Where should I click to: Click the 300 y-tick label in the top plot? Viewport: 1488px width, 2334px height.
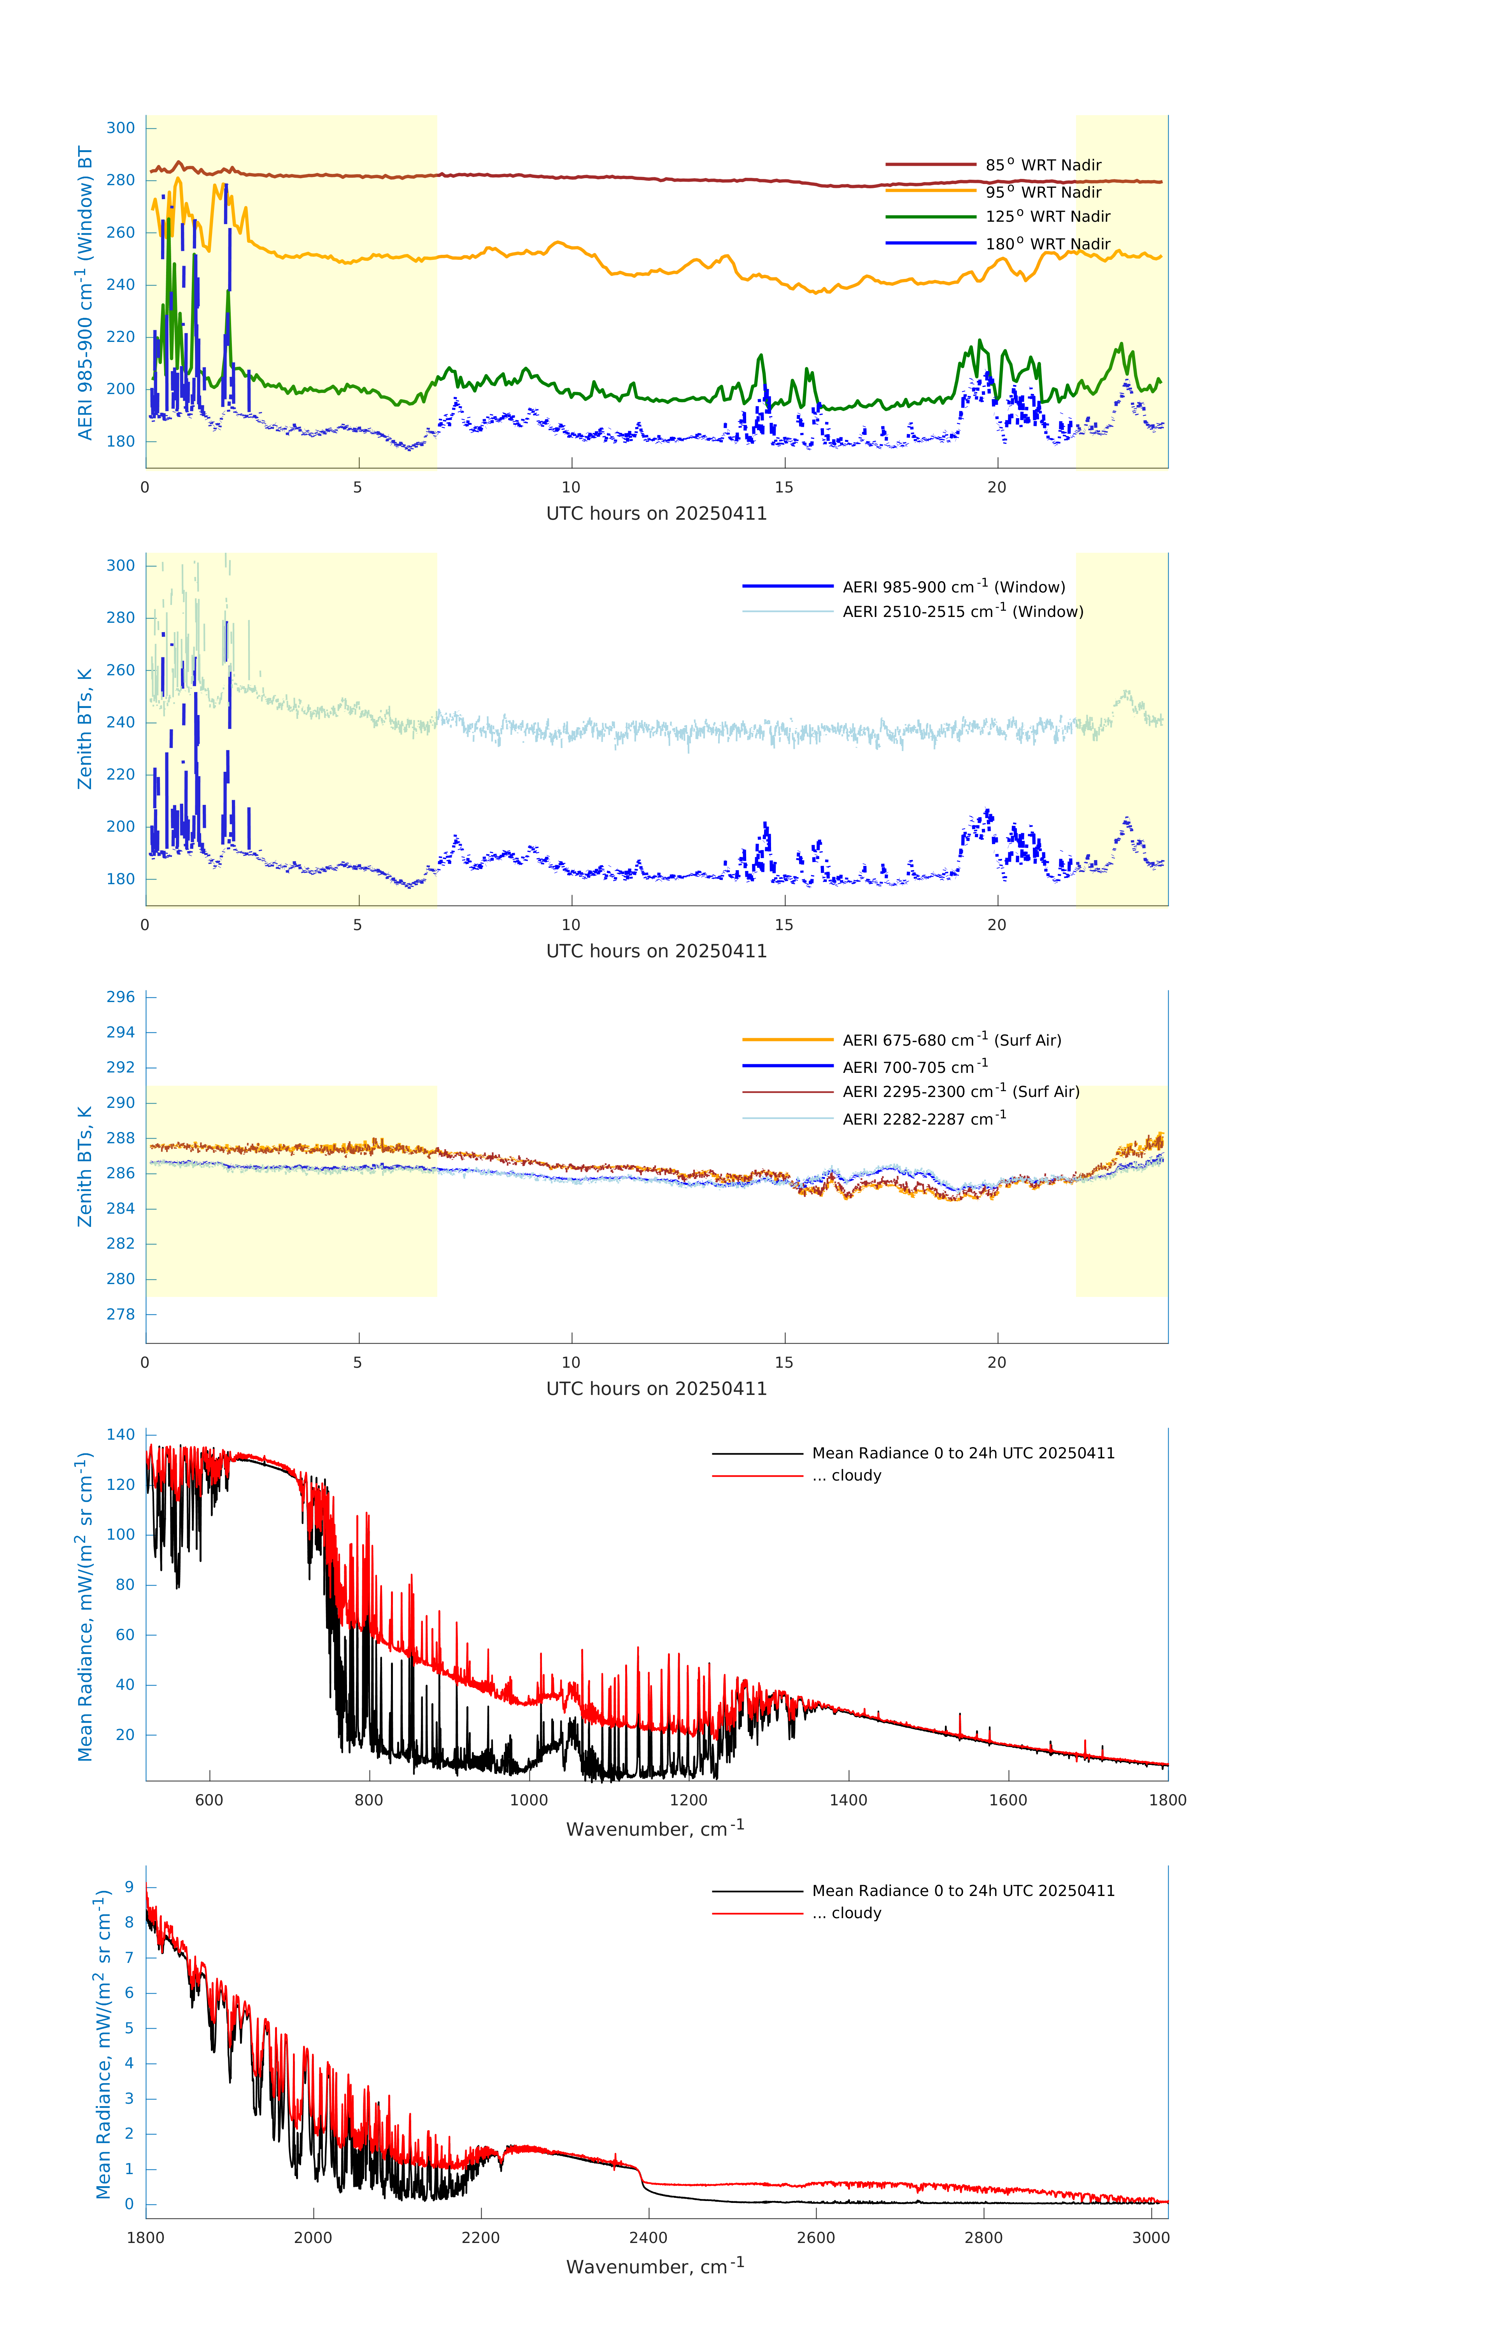pyautogui.click(x=121, y=128)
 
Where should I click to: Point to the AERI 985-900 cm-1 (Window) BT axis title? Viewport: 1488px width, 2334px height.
pyautogui.click(x=85, y=293)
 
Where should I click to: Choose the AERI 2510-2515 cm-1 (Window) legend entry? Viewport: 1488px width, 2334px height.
pyautogui.click(x=962, y=612)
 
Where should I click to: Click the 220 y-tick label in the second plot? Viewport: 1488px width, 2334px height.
pyautogui.click(x=121, y=774)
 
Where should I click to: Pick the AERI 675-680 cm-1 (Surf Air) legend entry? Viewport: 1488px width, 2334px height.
pyautogui.click(x=951, y=1040)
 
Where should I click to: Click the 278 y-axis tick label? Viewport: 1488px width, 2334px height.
pyautogui.click(x=121, y=1314)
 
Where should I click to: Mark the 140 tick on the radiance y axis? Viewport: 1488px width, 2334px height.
pyautogui.click(x=121, y=1435)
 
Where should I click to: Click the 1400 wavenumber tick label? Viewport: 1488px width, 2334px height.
pyautogui.click(x=848, y=1800)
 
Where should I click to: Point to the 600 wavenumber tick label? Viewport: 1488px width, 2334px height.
pyautogui.click(x=209, y=1800)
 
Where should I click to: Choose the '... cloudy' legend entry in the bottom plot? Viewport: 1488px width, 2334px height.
pyautogui.click(x=856, y=1913)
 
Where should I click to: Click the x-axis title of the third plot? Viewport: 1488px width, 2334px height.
pyautogui.click(x=656, y=1389)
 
